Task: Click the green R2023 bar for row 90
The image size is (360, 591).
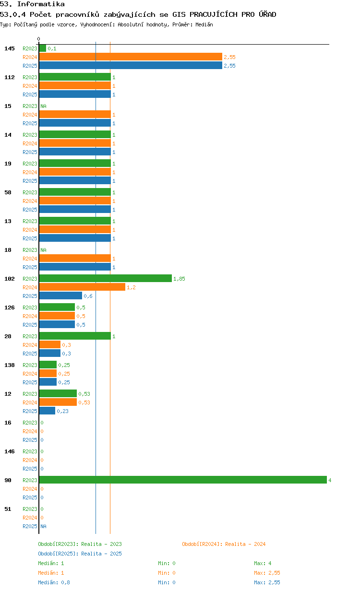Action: (x=183, y=480)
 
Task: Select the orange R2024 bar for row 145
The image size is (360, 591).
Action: (x=131, y=57)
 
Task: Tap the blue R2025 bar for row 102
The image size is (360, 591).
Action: (x=60, y=295)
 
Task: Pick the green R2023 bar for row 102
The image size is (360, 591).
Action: (x=106, y=278)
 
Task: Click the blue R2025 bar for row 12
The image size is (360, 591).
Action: (x=47, y=411)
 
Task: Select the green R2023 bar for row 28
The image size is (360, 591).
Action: (x=75, y=336)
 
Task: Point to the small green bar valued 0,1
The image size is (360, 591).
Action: (x=43, y=48)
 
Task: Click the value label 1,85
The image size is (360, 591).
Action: (x=179, y=279)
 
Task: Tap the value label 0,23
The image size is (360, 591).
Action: (x=62, y=411)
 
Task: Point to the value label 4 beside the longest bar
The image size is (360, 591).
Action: (x=330, y=480)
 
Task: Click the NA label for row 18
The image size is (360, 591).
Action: (x=43, y=250)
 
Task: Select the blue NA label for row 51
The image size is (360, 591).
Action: (x=43, y=526)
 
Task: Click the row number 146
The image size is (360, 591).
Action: (x=10, y=451)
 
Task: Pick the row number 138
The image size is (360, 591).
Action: (x=10, y=365)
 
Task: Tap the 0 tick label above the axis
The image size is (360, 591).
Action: (x=38, y=39)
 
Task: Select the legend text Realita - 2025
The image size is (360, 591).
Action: (x=101, y=554)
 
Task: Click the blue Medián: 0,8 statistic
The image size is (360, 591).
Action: (x=54, y=582)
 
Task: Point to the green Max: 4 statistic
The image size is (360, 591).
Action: (x=263, y=563)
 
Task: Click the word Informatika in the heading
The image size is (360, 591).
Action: (x=41, y=4)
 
